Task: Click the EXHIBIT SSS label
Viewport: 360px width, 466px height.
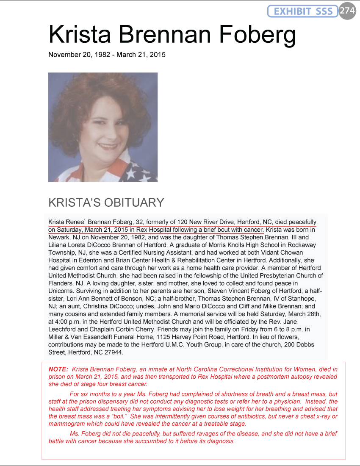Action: (x=303, y=11)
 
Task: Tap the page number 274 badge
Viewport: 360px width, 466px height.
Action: (x=347, y=11)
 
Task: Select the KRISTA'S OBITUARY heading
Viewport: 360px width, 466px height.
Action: (x=106, y=202)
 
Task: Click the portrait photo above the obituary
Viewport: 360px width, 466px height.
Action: (x=103, y=127)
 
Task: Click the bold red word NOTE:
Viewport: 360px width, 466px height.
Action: (x=58, y=369)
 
